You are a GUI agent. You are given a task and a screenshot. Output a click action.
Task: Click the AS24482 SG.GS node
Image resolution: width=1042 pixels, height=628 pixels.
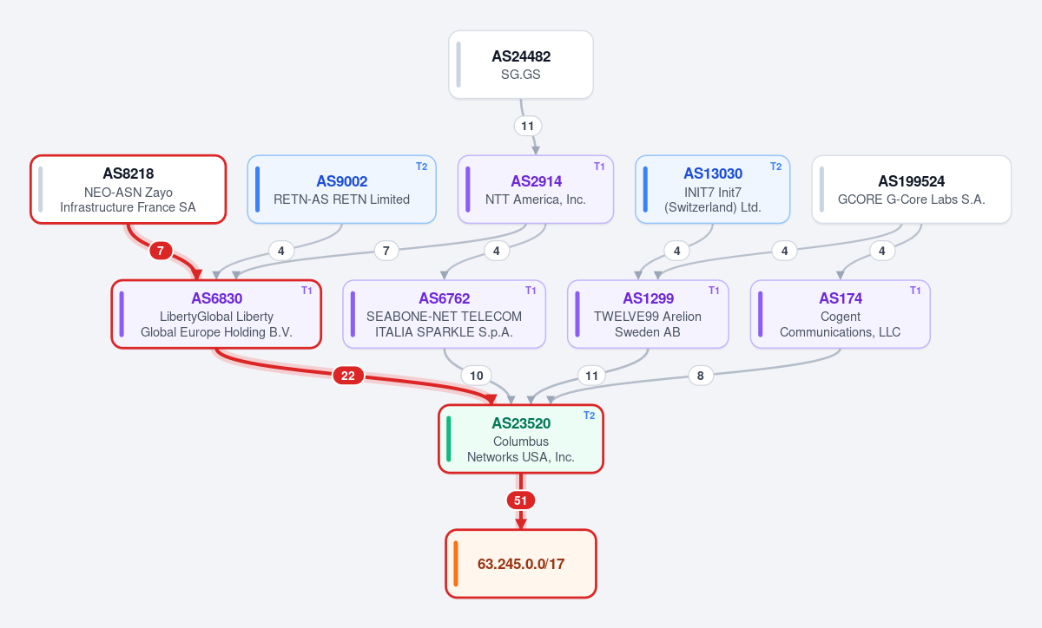pyautogui.click(x=520, y=64)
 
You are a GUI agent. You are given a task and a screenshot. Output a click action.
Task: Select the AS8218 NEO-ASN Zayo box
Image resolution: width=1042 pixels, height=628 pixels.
pyautogui.click(x=129, y=189)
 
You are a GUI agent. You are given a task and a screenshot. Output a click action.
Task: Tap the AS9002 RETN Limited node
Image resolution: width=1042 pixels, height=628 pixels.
pyautogui.click(x=341, y=189)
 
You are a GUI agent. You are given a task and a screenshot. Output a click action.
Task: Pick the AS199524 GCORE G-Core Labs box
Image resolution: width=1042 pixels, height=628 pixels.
pyautogui.click(x=911, y=189)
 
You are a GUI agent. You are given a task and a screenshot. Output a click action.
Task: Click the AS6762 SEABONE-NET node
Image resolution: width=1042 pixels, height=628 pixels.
pyautogui.click(x=445, y=314)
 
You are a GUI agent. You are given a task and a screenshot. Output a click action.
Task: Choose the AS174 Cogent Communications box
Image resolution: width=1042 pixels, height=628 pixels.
pyautogui.click(x=841, y=314)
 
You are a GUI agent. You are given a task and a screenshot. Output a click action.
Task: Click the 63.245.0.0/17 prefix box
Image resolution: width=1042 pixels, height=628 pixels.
pyautogui.click(x=520, y=564)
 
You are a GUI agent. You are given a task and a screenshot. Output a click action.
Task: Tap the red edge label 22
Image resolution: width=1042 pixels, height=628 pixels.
pyautogui.click(x=348, y=376)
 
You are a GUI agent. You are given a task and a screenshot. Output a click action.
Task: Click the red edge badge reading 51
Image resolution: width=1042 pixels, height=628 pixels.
pyautogui.click(x=520, y=500)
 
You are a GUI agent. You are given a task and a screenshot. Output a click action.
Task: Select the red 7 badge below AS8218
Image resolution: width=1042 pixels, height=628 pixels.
pyautogui.click(x=161, y=251)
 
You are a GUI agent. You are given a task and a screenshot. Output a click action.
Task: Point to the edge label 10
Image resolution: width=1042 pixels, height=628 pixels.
pyautogui.click(x=477, y=376)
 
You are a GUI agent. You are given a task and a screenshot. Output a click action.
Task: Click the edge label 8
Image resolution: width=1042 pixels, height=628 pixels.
pyautogui.click(x=701, y=376)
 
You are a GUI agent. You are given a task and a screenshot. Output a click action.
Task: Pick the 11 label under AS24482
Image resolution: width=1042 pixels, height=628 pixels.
pyautogui.click(x=528, y=126)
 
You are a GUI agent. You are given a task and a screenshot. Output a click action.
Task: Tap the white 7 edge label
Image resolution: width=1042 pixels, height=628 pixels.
pyautogui.click(x=386, y=251)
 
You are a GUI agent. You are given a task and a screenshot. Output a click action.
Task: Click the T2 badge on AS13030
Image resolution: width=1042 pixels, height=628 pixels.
pyautogui.click(x=776, y=167)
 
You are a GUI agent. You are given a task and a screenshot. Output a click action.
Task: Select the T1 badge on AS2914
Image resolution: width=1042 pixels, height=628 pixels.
pyautogui.click(x=599, y=167)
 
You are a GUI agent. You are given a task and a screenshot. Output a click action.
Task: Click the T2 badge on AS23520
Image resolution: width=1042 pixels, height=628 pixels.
pyautogui.click(x=589, y=415)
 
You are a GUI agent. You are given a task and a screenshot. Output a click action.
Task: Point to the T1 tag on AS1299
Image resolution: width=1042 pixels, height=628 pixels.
pyautogui.click(x=714, y=291)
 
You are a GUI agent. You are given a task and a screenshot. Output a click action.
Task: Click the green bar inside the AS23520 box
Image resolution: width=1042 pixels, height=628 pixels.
pyautogui.click(x=448, y=439)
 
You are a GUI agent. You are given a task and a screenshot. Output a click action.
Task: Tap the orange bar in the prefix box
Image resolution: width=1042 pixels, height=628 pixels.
pyautogui.click(x=456, y=564)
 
